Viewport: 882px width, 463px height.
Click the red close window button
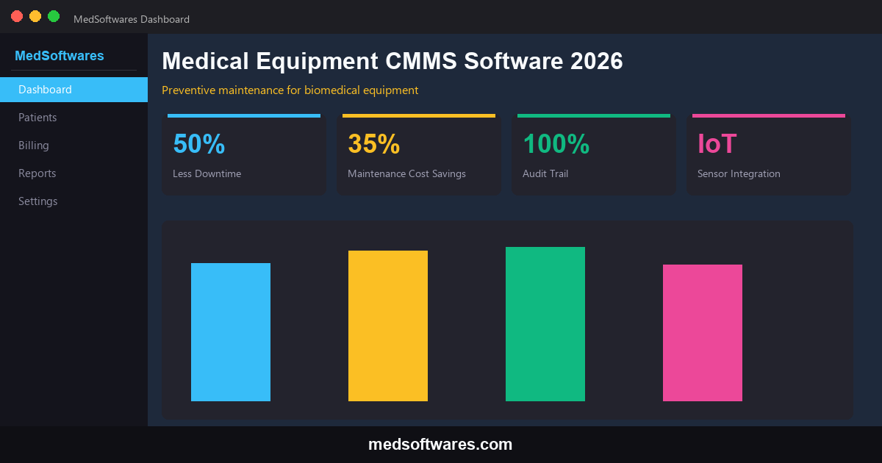point(17,16)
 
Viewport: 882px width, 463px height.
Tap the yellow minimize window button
point(35,16)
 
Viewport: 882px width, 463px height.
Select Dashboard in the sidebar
point(73,90)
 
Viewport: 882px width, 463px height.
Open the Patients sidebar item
point(37,118)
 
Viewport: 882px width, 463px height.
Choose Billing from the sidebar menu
point(34,146)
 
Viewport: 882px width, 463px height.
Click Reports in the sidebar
point(37,173)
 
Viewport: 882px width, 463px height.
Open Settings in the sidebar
point(38,201)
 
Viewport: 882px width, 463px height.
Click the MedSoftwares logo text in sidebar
point(60,56)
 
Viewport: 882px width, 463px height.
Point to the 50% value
point(198,144)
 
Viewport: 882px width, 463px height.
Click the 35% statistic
point(373,144)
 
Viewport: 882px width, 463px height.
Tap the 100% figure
point(556,144)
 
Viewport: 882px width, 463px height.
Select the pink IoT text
point(717,144)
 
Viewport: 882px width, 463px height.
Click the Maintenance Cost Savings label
point(406,174)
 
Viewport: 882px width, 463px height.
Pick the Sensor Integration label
point(739,174)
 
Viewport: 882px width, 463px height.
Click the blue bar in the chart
point(231,332)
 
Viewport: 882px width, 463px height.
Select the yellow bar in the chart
point(388,326)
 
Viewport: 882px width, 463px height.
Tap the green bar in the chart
point(545,324)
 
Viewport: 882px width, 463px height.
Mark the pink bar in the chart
point(703,333)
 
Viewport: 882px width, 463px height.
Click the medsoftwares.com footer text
point(440,445)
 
